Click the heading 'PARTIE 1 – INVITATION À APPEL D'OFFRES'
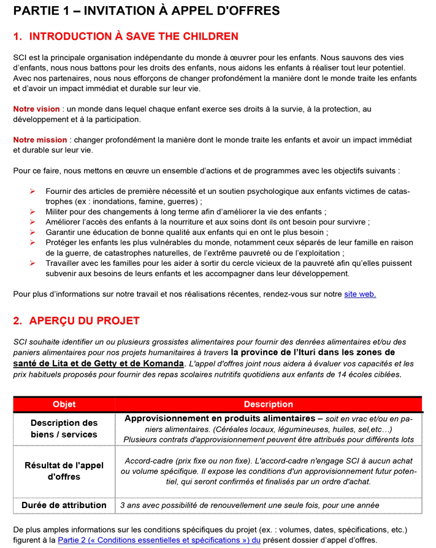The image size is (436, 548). pyautogui.click(x=147, y=10)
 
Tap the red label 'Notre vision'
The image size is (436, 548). pyautogui.click(x=36, y=109)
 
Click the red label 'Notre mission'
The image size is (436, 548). pyautogui.click(x=40, y=140)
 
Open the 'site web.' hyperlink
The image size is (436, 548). pyautogui.click(x=359, y=294)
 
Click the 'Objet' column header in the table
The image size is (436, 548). pyautogui.click(x=64, y=404)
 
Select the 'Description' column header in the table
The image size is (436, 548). pyautogui.click(x=268, y=404)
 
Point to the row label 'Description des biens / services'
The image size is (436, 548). pyautogui.click(x=64, y=428)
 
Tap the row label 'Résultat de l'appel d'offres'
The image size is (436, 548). pyautogui.click(x=64, y=471)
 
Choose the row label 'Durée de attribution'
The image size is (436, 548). pyautogui.click(x=64, y=505)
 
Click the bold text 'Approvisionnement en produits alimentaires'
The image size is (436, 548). pyautogui.click(x=220, y=418)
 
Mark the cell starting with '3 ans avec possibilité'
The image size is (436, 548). pyautogui.click(x=250, y=505)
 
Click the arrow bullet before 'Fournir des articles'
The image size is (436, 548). pyautogui.click(x=33, y=191)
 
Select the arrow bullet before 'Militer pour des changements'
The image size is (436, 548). pyautogui.click(x=33, y=212)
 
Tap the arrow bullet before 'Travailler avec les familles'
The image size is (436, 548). pyautogui.click(x=33, y=263)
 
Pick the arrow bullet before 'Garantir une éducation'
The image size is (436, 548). pyautogui.click(x=33, y=232)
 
